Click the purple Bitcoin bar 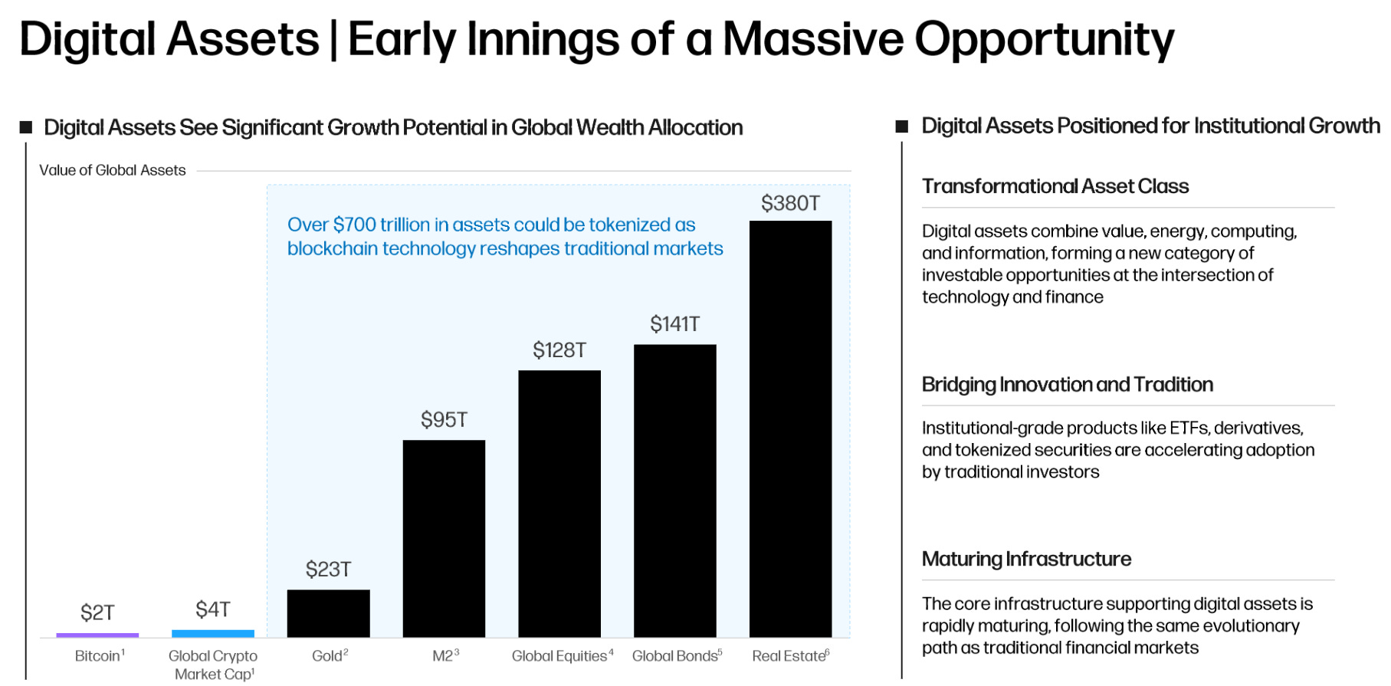click(x=97, y=635)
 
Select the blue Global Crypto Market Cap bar click(x=213, y=634)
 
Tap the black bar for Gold click(x=328, y=613)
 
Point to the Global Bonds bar click(x=674, y=491)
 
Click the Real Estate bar click(x=790, y=429)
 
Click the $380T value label click(x=790, y=203)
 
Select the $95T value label click(x=444, y=420)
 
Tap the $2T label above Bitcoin click(x=97, y=612)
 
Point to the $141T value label click(x=674, y=324)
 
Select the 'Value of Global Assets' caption click(x=113, y=170)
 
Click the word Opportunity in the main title click(x=1044, y=40)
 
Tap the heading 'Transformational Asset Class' click(x=1055, y=186)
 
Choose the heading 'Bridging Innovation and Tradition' click(x=1067, y=385)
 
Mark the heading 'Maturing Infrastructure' click(x=1026, y=560)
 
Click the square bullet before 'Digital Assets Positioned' click(x=902, y=126)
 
